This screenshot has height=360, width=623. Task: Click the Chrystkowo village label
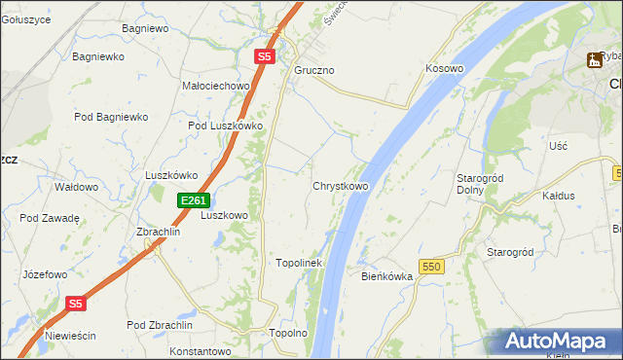coord(340,186)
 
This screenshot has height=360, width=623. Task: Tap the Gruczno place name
coord(314,71)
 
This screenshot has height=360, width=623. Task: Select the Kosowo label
coord(444,69)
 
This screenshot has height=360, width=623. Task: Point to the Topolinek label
coord(299,263)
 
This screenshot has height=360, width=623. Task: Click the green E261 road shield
coord(193,200)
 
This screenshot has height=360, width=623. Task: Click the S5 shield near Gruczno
coord(265,57)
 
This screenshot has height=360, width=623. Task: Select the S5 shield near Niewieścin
coord(77,304)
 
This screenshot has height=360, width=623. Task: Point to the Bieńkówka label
coord(387,276)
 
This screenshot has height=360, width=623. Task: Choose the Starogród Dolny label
coord(478,183)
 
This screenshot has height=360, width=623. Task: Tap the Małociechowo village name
coord(216,86)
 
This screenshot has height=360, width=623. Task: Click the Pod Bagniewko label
coord(111,117)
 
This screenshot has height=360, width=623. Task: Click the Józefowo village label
coord(46,275)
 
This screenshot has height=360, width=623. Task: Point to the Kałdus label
coord(558,195)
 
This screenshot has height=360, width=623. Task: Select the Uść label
coord(558,145)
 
